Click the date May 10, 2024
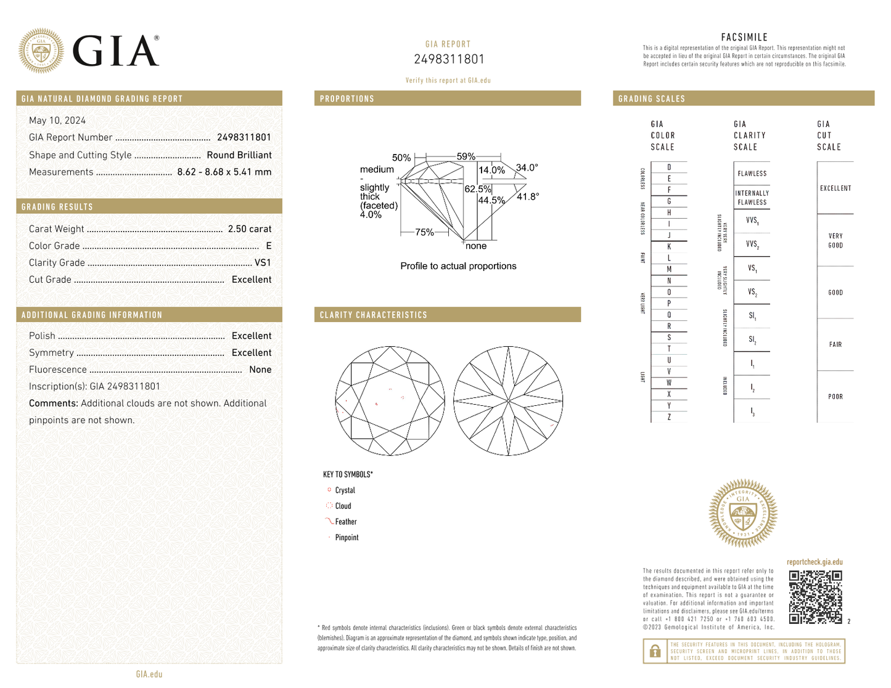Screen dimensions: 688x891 [57, 121]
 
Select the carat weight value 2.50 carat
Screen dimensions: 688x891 [249, 229]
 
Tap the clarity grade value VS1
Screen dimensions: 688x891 [263, 262]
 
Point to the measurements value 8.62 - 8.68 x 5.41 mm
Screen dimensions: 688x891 [224, 172]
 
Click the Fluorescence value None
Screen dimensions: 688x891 [260, 370]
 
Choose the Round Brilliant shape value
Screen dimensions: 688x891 [239, 155]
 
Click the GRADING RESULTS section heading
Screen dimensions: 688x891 [57, 207]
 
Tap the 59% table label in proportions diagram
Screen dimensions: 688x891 [466, 156]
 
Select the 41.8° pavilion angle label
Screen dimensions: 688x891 [528, 196]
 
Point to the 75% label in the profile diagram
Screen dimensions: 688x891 [424, 232]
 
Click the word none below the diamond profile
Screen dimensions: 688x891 [476, 246]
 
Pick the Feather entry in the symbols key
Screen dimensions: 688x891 [345, 522]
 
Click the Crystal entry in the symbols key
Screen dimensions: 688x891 [345, 490]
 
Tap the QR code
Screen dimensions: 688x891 [815, 597]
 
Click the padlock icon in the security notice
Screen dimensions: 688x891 [655, 651]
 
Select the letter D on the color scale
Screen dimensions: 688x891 [669, 168]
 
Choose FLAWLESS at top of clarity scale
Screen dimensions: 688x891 [752, 174]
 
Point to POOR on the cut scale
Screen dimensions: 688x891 [835, 397]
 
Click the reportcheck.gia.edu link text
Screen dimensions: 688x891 [814, 562]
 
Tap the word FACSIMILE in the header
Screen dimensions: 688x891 [744, 38]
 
